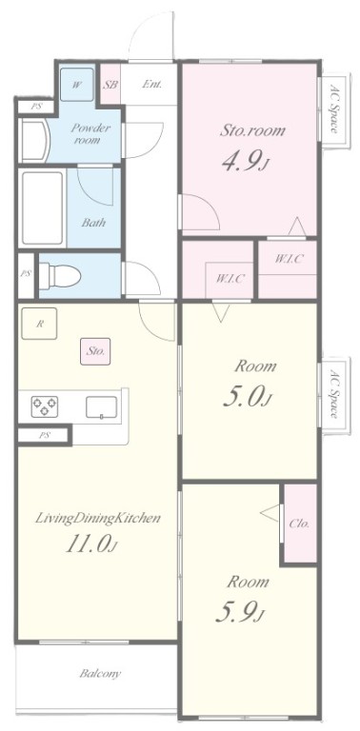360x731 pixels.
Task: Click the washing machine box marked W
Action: pyautogui.click(x=77, y=85)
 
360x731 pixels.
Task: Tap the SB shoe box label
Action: pyautogui.click(x=110, y=85)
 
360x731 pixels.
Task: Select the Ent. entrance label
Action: pyautogui.click(x=152, y=85)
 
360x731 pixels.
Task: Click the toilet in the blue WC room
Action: pyautogui.click(x=60, y=275)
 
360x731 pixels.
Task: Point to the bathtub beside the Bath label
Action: pyautogui.click(x=43, y=207)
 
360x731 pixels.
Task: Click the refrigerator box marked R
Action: pyautogui.click(x=39, y=324)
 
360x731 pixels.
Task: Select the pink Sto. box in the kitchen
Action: pyautogui.click(x=95, y=351)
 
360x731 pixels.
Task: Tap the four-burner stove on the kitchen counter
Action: pyautogui.click(x=45, y=406)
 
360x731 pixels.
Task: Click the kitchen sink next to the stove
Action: pyautogui.click(x=101, y=407)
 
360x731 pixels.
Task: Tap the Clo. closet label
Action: pyautogui.click(x=299, y=524)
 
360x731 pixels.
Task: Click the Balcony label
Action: pyautogui.click(x=100, y=673)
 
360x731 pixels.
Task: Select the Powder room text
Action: pyautogui.click(x=90, y=133)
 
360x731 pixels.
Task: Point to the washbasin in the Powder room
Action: pyautogui.click(x=34, y=141)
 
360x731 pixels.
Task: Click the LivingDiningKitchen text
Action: pyautogui.click(x=98, y=518)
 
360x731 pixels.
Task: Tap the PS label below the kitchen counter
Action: pyautogui.click(x=45, y=435)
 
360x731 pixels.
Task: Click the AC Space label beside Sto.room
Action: pyautogui.click(x=334, y=109)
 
